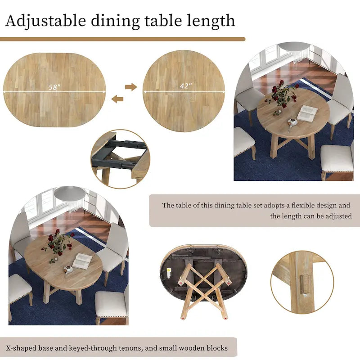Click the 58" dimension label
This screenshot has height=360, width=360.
click(x=54, y=87)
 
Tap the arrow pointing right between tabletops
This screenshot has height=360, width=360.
click(x=131, y=87)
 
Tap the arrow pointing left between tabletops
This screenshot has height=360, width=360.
click(x=117, y=99)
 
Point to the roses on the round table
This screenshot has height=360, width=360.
click(x=282, y=94)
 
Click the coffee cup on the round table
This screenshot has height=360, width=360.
click(x=292, y=122)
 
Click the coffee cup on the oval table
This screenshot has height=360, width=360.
click(x=68, y=269)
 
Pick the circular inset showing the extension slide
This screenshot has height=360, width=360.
click(x=121, y=159)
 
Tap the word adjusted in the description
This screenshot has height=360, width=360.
click(x=337, y=216)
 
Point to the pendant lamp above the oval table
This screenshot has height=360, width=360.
click(x=70, y=193)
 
